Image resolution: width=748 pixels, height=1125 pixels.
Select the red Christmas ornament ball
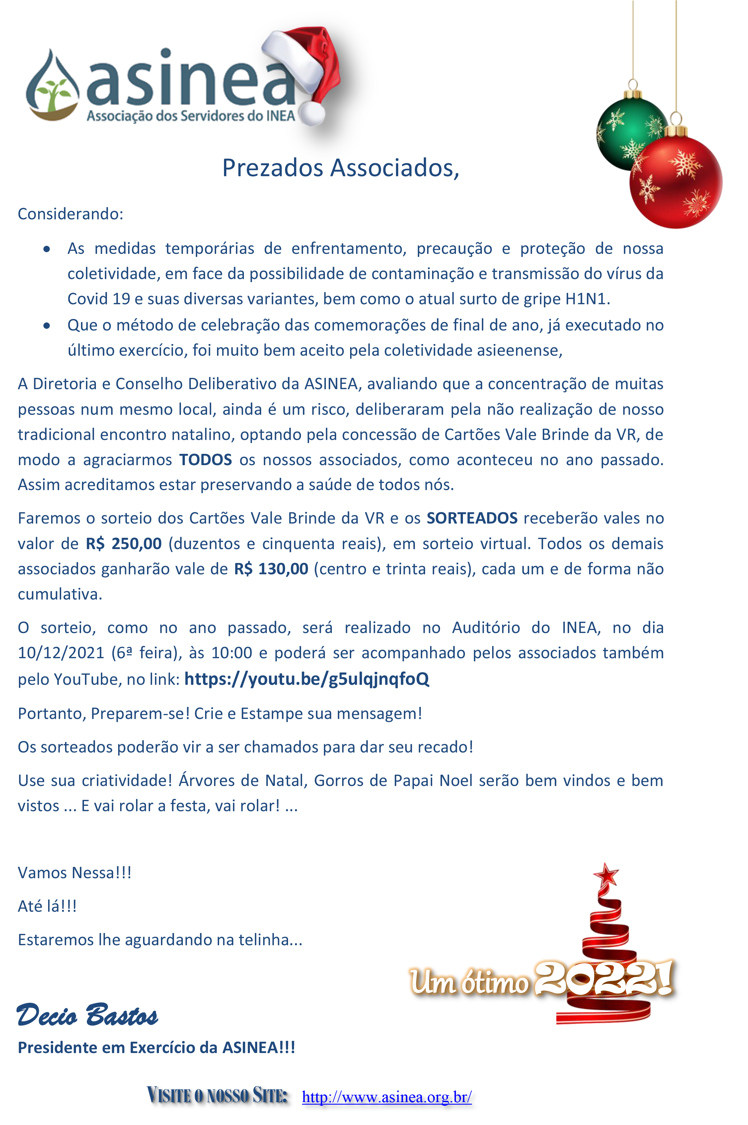[x=676, y=183]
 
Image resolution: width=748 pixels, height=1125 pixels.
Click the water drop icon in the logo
[x=52, y=86]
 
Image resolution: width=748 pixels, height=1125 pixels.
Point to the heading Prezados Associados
[x=340, y=168]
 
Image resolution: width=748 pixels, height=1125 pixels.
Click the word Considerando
[x=70, y=214]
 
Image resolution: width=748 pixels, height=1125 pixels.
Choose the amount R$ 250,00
[x=123, y=544]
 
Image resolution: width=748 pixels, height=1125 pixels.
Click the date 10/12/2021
[x=61, y=653]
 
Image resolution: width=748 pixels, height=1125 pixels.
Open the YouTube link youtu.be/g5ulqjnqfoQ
[x=307, y=679]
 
